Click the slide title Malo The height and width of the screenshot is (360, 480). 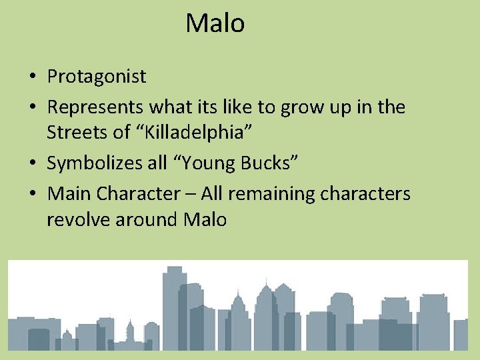[x=215, y=23]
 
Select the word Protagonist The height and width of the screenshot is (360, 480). [x=97, y=77]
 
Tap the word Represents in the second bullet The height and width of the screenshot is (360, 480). [x=95, y=107]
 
